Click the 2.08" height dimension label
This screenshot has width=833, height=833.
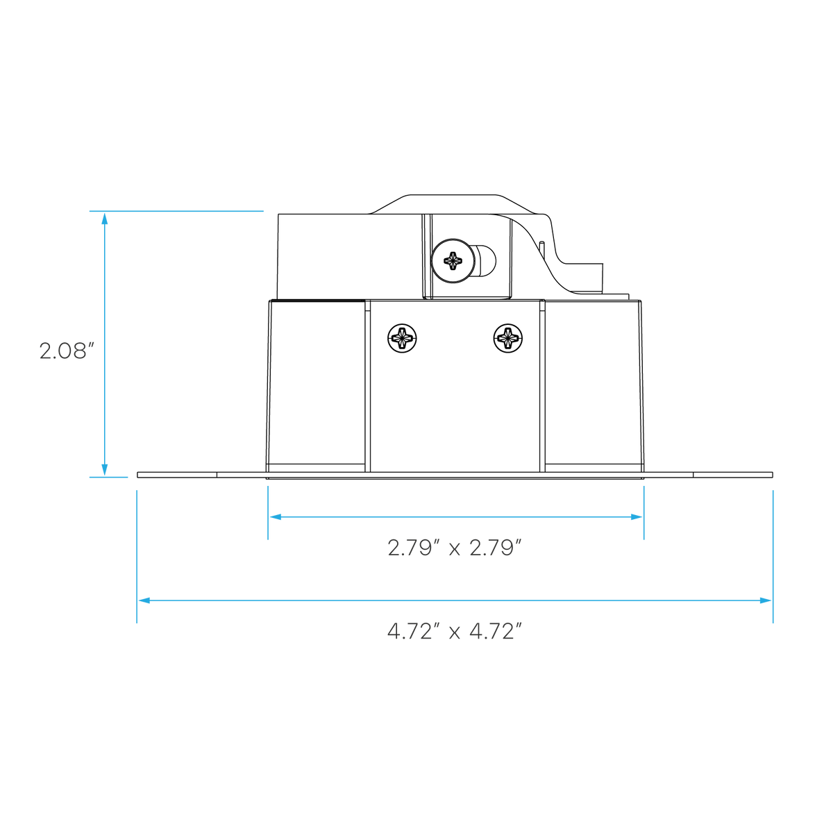67,351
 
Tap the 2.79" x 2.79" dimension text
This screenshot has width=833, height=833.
454,548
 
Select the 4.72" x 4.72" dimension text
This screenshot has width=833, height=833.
454,632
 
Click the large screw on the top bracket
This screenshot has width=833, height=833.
453,261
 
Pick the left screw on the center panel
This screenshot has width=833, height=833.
402,338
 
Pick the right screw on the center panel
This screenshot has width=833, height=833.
508,338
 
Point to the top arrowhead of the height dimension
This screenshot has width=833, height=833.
104,218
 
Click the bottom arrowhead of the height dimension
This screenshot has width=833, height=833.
104,470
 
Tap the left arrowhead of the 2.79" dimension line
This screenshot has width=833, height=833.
276,517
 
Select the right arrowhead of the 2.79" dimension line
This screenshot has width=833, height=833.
637,517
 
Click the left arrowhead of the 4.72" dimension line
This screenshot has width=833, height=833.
144,600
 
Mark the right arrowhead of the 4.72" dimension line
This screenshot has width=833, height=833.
766,600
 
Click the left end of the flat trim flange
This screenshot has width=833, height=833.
137,475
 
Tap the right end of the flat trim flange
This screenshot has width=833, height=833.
773,475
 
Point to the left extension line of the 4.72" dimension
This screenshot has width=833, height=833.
137,557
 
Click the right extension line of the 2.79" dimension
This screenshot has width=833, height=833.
644,513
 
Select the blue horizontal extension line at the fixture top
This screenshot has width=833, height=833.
176,211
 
